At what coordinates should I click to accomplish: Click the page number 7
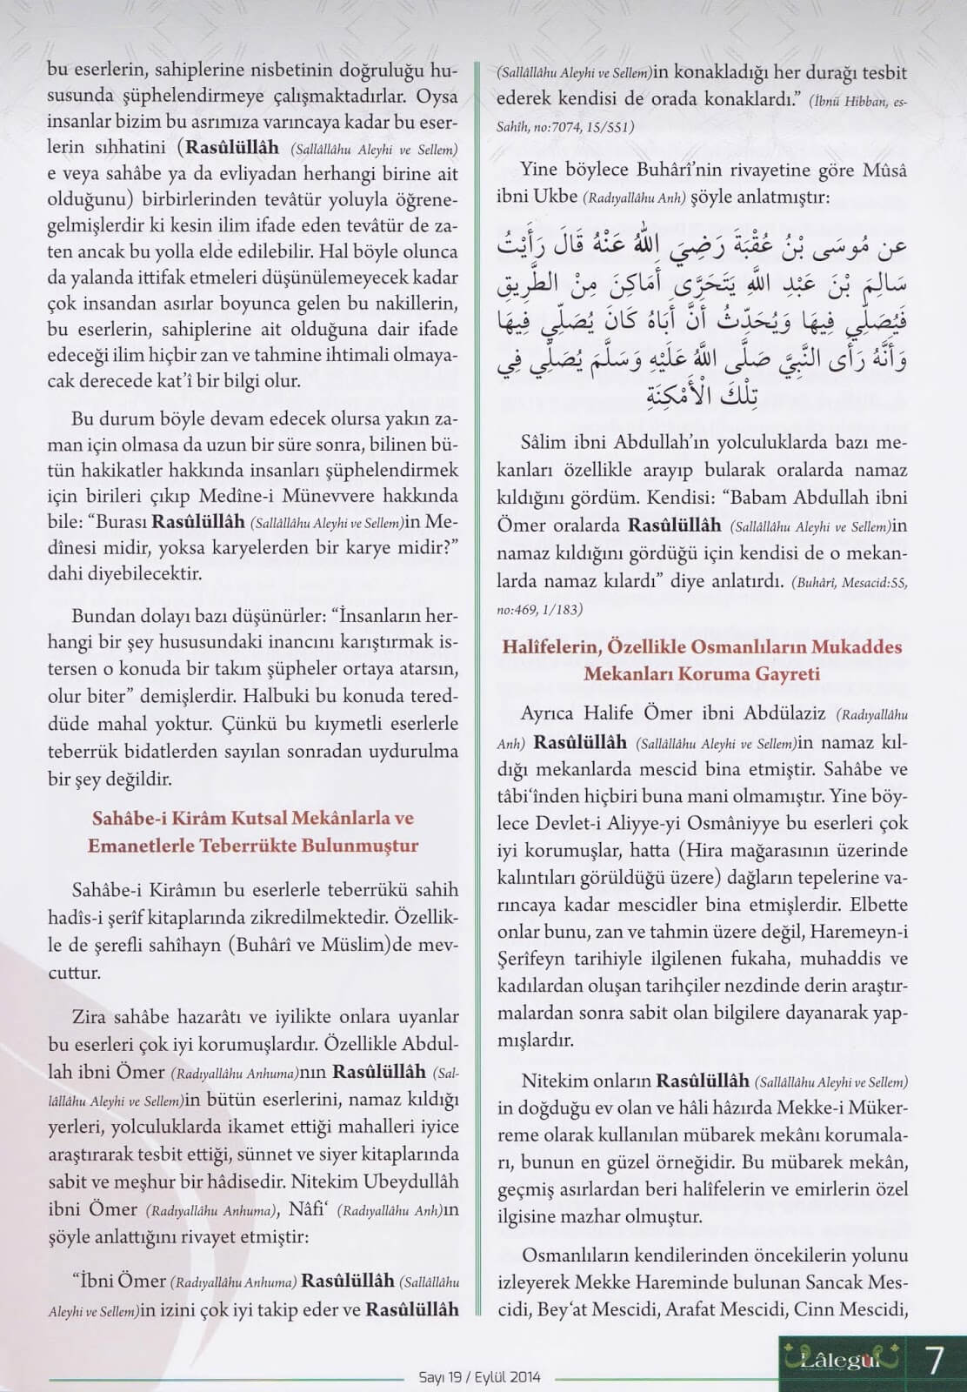pos(935,1361)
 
